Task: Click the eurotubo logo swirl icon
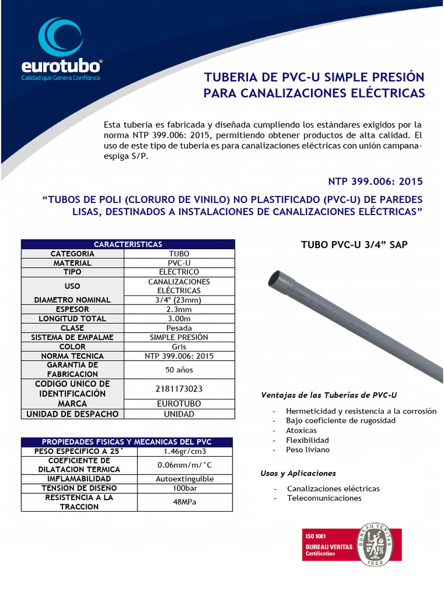coord(60,38)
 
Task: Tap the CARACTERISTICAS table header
coord(128,245)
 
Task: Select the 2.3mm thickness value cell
coord(179,309)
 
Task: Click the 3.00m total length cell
coord(179,319)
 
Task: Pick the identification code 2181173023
coord(179,388)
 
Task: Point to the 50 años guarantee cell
coord(179,369)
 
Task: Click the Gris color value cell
coord(179,346)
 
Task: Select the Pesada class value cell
coord(179,328)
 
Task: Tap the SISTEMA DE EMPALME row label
coord(72,337)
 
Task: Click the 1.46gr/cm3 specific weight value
coord(185,451)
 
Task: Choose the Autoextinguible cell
coord(185,479)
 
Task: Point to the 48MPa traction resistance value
coord(185,502)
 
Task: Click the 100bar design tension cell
coord(185,488)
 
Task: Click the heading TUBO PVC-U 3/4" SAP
coord(354,245)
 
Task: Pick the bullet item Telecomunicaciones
coord(324,498)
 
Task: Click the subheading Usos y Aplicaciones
coord(298,473)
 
